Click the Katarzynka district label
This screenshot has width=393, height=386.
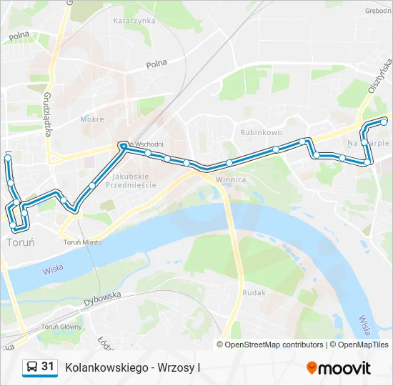[134, 21]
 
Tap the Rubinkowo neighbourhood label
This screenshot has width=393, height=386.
[261, 132]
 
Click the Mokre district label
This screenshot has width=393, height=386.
[92, 119]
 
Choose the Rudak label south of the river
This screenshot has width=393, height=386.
[254, 293]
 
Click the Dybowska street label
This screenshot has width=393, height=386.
[102, 299]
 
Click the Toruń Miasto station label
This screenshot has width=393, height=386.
[82, 242]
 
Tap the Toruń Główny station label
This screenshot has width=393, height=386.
[61, 327]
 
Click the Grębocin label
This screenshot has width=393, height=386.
[377, 11]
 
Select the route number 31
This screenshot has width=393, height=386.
[48, 367]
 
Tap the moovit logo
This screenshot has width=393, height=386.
[339, 367]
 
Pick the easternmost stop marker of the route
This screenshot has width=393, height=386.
[384, 122]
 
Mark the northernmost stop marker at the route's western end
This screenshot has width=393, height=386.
[8, 157]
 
